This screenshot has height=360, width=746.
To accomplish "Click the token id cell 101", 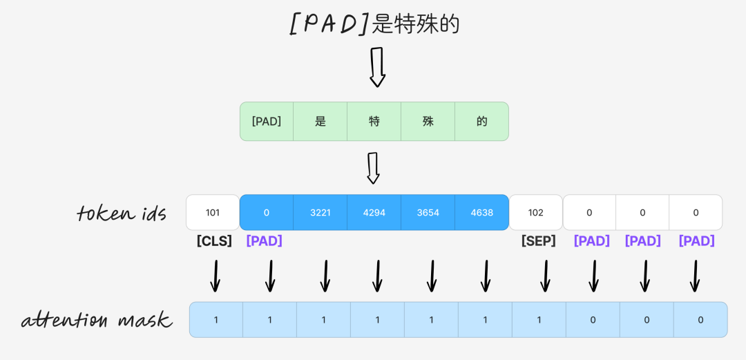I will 213,212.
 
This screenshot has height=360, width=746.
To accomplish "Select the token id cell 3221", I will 320,212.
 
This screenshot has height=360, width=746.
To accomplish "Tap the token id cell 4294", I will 374,212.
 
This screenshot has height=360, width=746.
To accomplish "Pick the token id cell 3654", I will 428,212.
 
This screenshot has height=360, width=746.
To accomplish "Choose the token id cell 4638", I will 481,212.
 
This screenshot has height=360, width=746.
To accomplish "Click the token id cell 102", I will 535,212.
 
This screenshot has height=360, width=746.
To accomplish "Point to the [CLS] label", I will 214,241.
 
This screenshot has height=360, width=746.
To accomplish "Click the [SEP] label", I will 538,241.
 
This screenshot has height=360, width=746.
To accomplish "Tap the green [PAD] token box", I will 267,122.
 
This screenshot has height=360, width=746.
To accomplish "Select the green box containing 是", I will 320,122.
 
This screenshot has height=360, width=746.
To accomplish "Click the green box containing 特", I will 374,122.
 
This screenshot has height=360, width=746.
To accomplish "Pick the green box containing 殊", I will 428,122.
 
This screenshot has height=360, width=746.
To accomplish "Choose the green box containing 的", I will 481,122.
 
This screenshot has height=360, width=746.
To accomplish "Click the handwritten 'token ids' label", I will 122,213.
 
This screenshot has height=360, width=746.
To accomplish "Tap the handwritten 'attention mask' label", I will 96,320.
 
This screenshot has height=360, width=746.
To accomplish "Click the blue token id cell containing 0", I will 267,212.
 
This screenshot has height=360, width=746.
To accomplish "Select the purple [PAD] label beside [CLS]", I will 264,241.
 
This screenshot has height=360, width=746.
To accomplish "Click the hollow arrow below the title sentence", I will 377,67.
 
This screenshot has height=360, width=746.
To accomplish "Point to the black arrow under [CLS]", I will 216,276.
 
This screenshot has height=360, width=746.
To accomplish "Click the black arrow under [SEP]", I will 545,276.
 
